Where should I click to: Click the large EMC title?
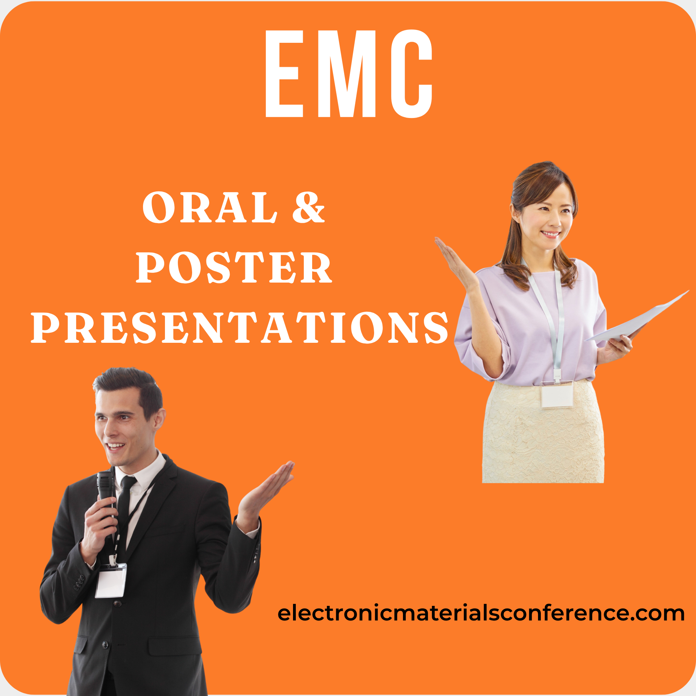[348, 73]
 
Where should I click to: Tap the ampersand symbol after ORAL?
[308, 207]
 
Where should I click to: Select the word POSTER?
[234, 267]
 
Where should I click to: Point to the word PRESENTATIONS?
[239, 327]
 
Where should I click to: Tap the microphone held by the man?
[105, 497]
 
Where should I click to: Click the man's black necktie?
[124, 512]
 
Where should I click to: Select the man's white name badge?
[111, 580]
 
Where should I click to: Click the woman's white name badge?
[556, 395]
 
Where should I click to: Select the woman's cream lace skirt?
[543, 432]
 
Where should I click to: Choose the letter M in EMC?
[347, 73]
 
